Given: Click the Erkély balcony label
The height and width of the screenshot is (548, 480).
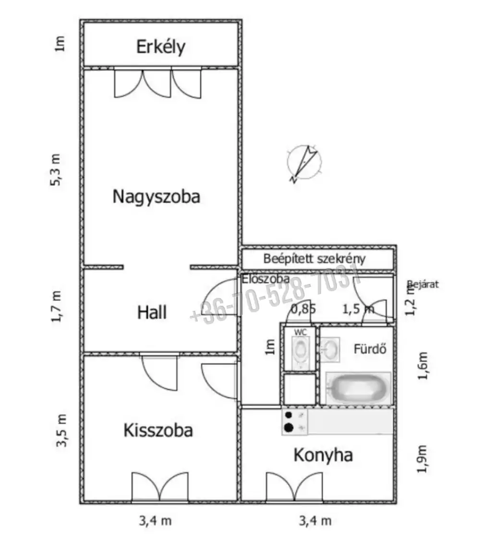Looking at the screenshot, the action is click(x=161, y=48).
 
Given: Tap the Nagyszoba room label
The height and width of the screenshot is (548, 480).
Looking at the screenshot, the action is click(x=156, y=197).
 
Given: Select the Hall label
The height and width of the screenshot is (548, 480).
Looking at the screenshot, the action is click(x=152, y=313).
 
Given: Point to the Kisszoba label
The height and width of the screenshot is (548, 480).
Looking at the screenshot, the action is click(x=158, y=430).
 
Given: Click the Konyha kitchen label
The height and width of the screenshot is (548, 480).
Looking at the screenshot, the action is click(x=323, y=455).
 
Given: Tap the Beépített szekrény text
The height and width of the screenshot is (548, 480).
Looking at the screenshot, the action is click(x=314, y=259).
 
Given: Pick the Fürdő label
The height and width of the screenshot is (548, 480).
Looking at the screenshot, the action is click(x=370, y=349).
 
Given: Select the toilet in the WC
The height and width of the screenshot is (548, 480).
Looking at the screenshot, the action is click(x=300, y=352).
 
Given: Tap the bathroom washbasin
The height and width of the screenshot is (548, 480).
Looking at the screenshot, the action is click(x=329, y=349).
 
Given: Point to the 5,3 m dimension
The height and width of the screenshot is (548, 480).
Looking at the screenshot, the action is click(x=57, y=169).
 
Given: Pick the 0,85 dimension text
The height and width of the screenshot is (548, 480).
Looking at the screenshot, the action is click(x=304, y=309).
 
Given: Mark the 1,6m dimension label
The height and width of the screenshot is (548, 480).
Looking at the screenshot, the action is click(x=422, y=366).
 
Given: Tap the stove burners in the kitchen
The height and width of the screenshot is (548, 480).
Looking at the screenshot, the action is click(x=289, y=422).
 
